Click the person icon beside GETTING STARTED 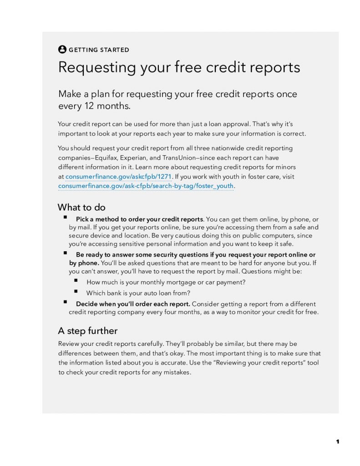click(62, 50)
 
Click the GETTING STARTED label click(99, 50)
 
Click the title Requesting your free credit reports click(179, 67)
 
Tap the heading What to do click(81, 208)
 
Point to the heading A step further click(88, 330)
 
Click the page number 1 click(338, 441)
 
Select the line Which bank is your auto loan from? click(138, 293)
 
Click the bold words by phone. click(84, 263)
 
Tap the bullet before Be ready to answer click(66, 253)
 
